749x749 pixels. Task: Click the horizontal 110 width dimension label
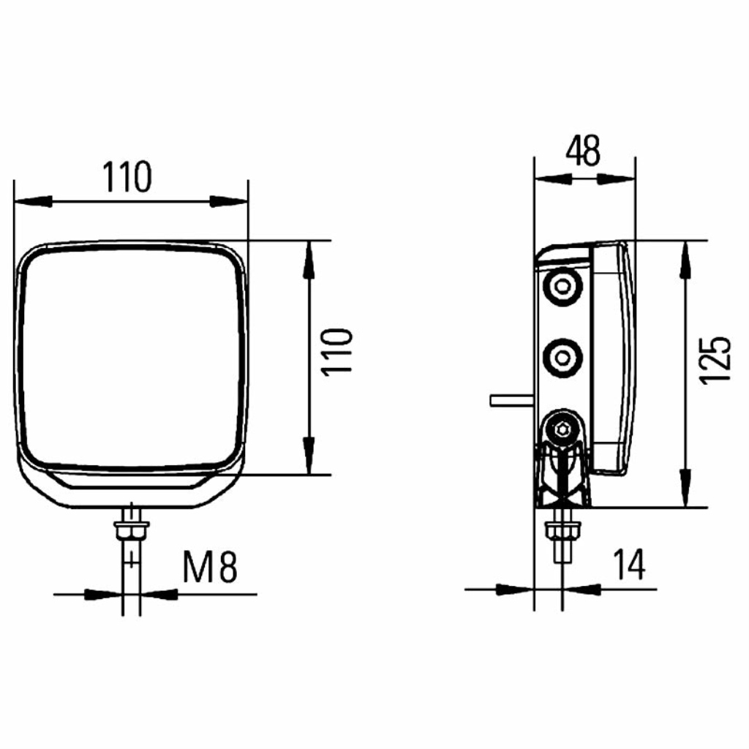coord(127,177)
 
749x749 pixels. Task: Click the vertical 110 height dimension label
coord(338,352)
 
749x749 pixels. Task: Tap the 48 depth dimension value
coord(583,151)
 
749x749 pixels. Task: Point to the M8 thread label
coord(210,567)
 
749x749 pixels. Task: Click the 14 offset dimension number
coord(630,564)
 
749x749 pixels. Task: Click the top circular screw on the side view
coord(563,287)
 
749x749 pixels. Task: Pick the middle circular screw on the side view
coord(563,358)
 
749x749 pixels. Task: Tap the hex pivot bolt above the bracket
coord(563,429)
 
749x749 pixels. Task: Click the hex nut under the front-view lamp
coord(132,530)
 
